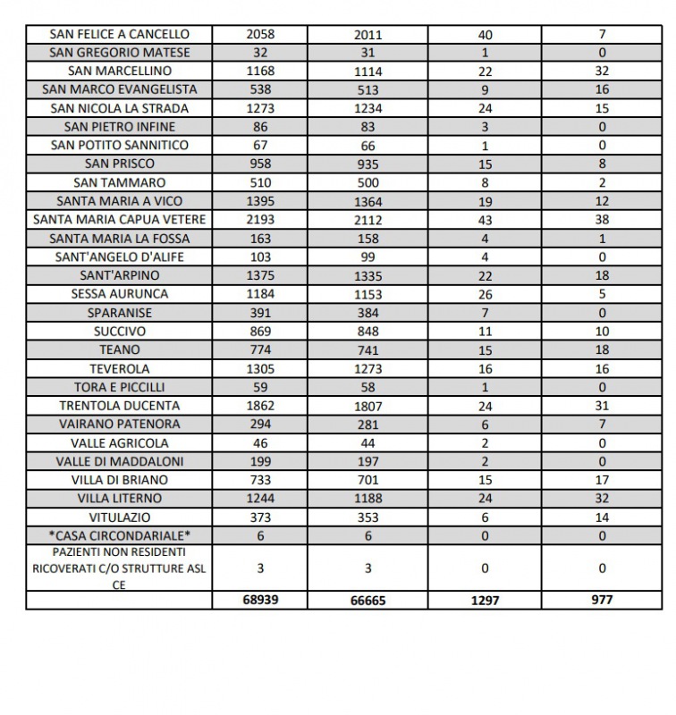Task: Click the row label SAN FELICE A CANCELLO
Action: [x=120, y=34]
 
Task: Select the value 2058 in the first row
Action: [x=260, y=34]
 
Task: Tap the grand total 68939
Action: [x=260, y=600]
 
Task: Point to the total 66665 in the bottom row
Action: [x=368, y=601]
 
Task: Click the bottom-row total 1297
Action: [x=485, y=601]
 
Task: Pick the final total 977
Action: [x=602, y=600]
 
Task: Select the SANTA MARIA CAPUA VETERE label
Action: [x=120, y=220]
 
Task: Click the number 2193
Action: [x=260, y=220]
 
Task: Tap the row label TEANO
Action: [x=120, y=349]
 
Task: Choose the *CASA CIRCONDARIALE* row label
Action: [x=120, y=535]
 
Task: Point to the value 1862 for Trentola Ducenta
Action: [x=260, y=406]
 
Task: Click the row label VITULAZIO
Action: [x=120, y=517]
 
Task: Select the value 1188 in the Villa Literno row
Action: [x=368, y=499]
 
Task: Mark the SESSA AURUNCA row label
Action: [x=120, y=294]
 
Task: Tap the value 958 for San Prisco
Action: [x=260, y=164]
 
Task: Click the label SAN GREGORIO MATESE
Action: [x=120, y=53]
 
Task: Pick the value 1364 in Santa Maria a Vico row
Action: [x=368, y=201]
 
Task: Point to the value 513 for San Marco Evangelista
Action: [x=368, y=89]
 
